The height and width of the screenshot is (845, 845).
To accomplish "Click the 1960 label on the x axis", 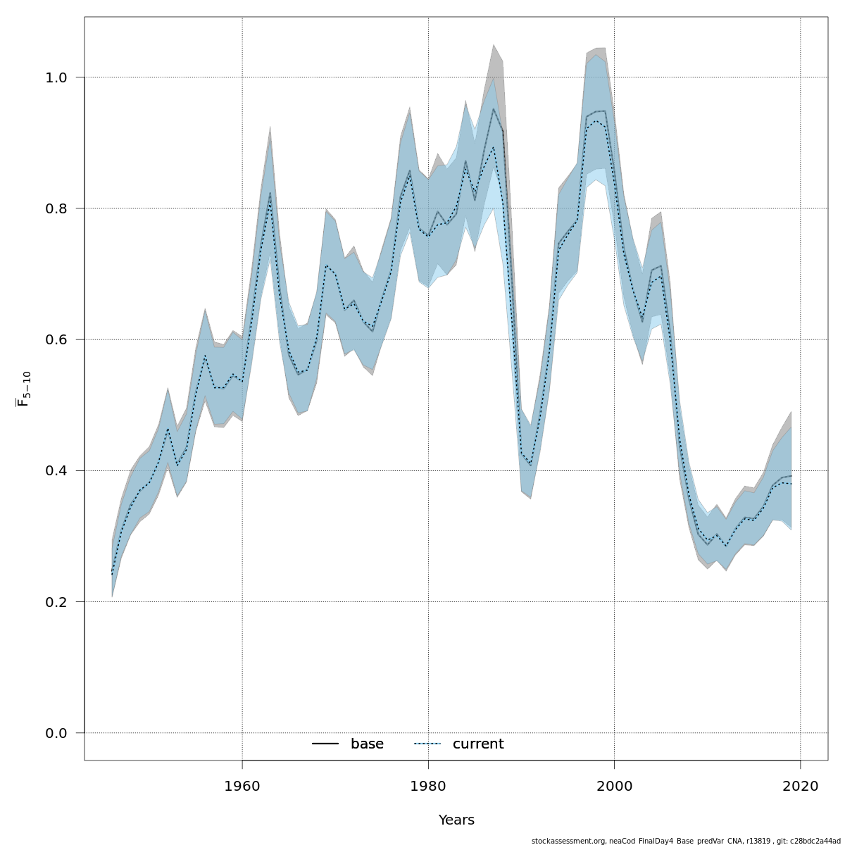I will [x=242, y=786].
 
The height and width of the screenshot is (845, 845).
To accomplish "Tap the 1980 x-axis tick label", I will [x=428, y=786].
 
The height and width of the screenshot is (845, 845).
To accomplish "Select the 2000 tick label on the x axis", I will [x=614, y=786].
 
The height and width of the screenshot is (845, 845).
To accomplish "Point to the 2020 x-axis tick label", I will [x=801, y=786].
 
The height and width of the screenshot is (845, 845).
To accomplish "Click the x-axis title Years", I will [x=456, y=820].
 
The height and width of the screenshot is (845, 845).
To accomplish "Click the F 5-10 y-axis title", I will [x=23, y=389].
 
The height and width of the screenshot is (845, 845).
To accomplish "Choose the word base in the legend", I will [x=367, y=744].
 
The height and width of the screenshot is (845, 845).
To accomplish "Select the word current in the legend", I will [x=478, y=744].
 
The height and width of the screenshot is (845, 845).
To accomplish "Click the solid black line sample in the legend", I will [x=325, y=744].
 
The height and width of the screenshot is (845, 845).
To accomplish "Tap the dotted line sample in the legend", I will [x=427, y=744].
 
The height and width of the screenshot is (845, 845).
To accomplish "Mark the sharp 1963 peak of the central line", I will [x=270, y=194].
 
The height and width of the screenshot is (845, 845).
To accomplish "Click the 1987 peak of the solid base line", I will [x=494, y=108].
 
